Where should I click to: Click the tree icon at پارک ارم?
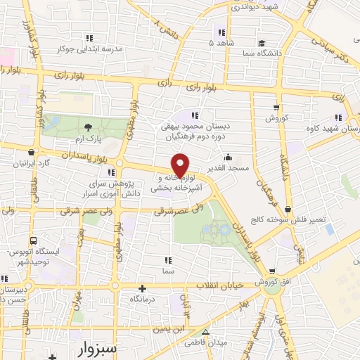coord(87,127)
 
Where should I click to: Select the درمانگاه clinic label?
coord(142,298)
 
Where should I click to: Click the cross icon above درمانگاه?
coord(142,288)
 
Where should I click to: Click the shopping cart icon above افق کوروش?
coord(271,271)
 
